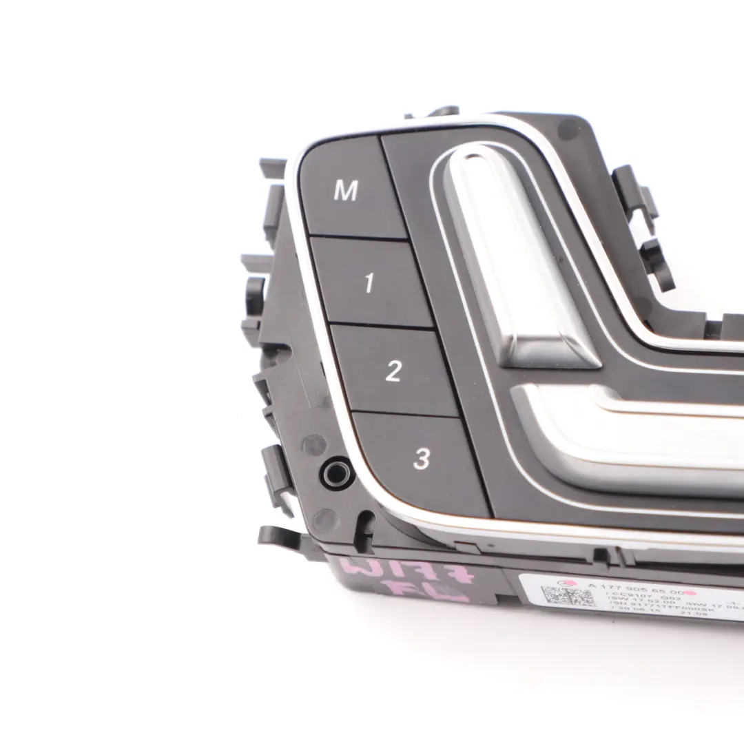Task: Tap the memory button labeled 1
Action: [x=371, y=282]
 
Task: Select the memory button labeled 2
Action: [x=393, y=371]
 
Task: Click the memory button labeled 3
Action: [x=421, y=457]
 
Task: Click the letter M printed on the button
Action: [x=345, y=191]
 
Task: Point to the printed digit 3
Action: [x=422, y=458]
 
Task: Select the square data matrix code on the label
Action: [x=566, y=595]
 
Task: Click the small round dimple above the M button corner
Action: [x=569, y=127]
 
